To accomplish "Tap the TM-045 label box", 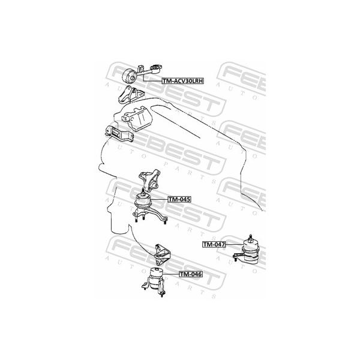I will tap(178, 199).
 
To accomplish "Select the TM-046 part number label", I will tap(190, 274).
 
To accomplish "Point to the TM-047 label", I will tap(214, 244).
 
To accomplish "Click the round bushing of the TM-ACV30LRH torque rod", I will tap(128, 77).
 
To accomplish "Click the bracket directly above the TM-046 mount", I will tap(161, 254).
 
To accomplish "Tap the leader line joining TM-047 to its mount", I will tap(230, 245).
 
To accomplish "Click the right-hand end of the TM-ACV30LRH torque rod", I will tap(159, 67).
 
